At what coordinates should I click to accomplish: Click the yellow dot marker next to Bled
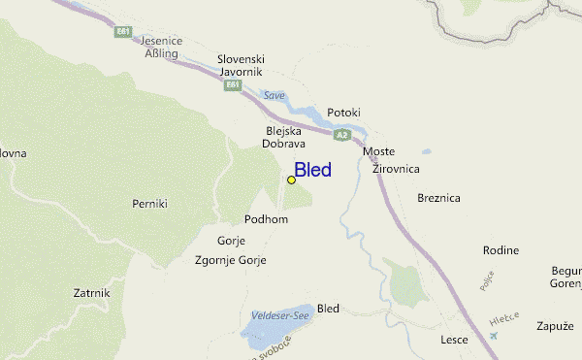tap(291, 180)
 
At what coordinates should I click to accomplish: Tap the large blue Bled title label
tap(312, 171)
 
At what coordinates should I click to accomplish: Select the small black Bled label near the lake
tap(329, 309)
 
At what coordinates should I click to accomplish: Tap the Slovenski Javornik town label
tap(242, 65)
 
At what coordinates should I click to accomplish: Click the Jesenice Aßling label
tap(162, 48)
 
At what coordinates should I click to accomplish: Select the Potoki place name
tap(343, 113)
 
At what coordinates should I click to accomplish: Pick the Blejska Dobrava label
tap(282, 137)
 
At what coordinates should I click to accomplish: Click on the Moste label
tap(378, 152)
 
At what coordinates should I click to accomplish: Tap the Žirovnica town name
tap(395, 169)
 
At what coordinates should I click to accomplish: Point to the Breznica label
tap(438, 197)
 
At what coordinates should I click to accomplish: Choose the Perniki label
tap(150, 204)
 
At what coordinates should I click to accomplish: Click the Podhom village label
tap(267, 219)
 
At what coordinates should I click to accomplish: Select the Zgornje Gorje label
tap(231, 260)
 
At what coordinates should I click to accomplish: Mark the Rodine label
tap(501, 250)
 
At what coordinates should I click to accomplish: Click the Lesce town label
tap(454, 340)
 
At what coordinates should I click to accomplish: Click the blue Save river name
tap(275, 95)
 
